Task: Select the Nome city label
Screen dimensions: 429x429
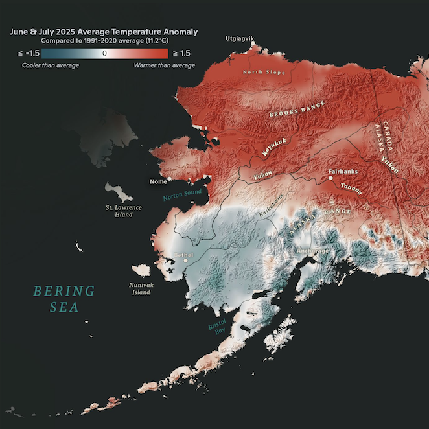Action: click(x=157, y=181)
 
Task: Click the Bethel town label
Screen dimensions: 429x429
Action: click(x=184, y=255)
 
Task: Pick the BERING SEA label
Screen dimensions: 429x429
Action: click(x=64, y=298)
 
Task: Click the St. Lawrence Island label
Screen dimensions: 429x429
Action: click(x=120, y=211)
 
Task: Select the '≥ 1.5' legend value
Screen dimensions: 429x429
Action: click(x=185, y=54)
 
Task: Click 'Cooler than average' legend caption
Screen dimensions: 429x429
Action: click(x=51, y=65)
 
